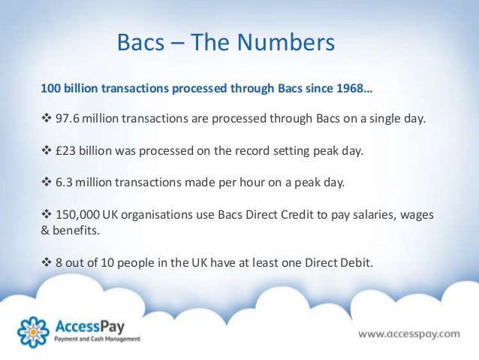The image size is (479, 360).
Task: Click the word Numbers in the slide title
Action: (288, 43)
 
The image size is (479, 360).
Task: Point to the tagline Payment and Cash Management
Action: (96, 340)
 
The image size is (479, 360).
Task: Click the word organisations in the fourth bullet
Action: (177, 215)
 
